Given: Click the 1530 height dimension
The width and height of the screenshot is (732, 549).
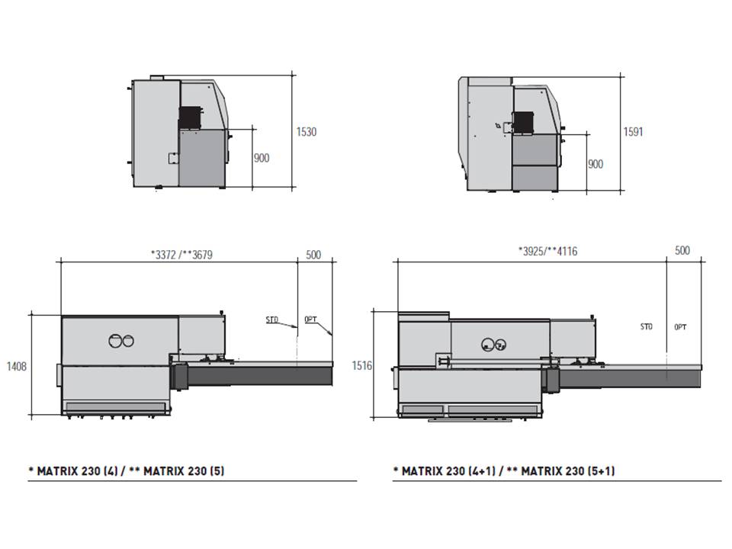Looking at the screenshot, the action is click(x=307, y=132).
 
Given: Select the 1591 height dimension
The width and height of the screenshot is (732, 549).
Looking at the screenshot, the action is click(x=633, y=132).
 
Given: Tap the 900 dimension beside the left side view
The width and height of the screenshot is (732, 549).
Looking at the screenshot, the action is click(x=262, y=158).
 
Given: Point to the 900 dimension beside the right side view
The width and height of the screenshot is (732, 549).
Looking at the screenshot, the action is click(x=596, y=164).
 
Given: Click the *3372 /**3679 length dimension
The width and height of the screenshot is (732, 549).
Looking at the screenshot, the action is click(x=181, y=255).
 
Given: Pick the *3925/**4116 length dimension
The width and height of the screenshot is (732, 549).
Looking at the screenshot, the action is click(x=547, y=251).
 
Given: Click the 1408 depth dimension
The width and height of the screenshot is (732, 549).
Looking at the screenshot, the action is click(x=16, y=367).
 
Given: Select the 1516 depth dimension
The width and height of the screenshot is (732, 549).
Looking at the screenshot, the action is click(x=361, y=365).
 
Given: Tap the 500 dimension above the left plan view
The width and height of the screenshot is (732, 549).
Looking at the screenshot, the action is click(x=313, y=255).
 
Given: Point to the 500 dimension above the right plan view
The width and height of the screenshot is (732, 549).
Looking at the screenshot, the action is click(x=682, y=250).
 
